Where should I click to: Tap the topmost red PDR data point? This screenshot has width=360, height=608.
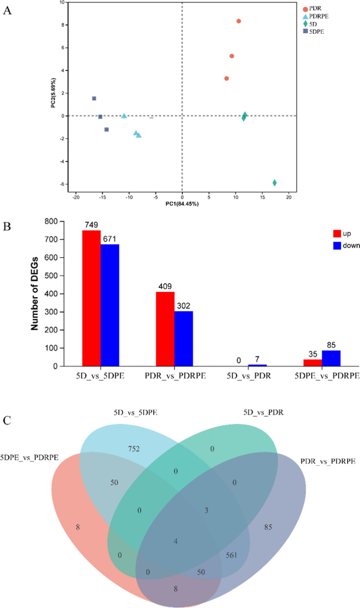(239, 21)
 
